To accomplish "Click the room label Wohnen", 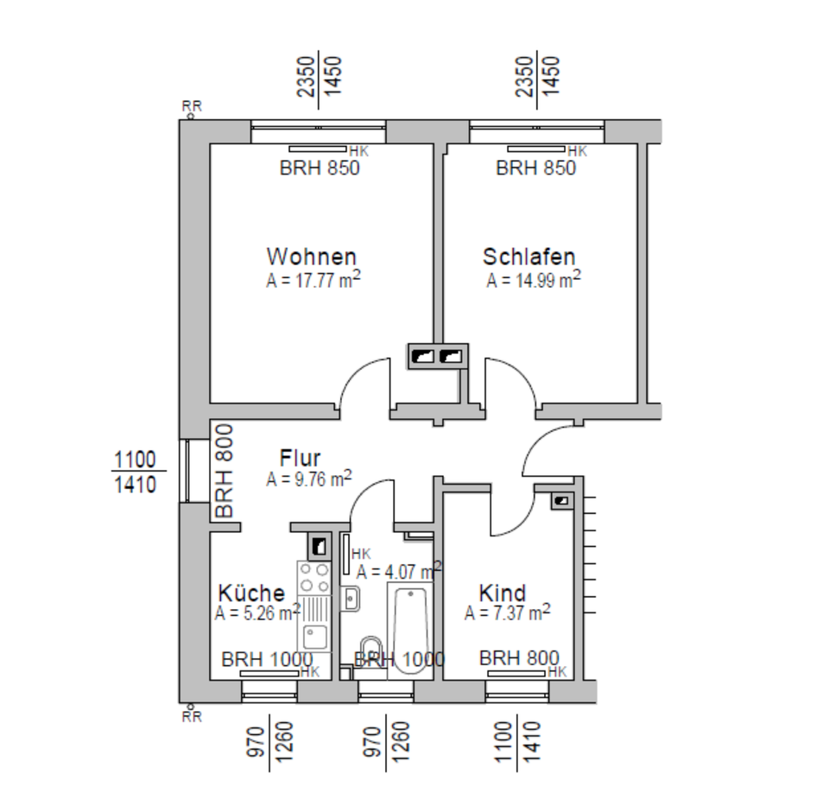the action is [x=311, y=257].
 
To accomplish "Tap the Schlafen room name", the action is [x=528, y=257].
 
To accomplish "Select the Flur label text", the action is [x=301, y=458].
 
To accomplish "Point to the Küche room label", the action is [x=251, y=593].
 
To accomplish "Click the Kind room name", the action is [x=503, y=593].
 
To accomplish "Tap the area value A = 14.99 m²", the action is [x=533, y=280].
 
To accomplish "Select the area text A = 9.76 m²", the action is [x=308, y=479].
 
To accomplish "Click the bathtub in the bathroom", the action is [x=411, y=627].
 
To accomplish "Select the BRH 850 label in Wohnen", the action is [x=320, y=168].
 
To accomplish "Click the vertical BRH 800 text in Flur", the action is [x=225, y=471].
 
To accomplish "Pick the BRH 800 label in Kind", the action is [x=519, y=658].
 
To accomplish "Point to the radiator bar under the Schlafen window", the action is [x=535, y=149].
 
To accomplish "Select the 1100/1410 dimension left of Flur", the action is [x=134, y=471].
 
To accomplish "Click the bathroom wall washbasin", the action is [x=351, y=597].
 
